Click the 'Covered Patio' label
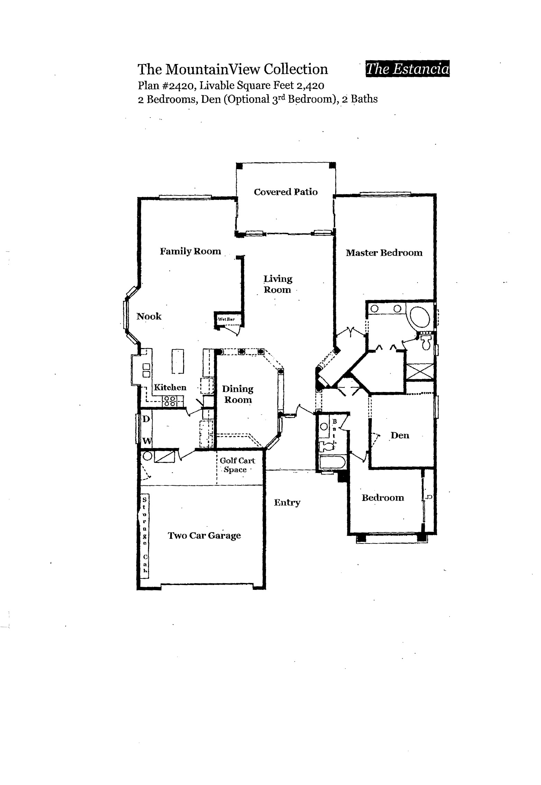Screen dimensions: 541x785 pos(286,192)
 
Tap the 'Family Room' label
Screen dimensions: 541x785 pos(190,252)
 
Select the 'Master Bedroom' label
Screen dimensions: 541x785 pos(384,253)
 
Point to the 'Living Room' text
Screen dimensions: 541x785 pos(278,284)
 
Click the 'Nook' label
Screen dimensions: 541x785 pos(149,316)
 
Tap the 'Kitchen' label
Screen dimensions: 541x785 pos(170,387)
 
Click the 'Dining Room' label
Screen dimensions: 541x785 pos(238,394)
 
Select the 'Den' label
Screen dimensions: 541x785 pos(400,435)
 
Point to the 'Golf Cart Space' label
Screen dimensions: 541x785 pos(237,465)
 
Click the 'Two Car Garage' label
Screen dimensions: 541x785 pos(204,536)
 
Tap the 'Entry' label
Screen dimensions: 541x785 pos(287,503)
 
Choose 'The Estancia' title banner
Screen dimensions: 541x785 pos(407,69)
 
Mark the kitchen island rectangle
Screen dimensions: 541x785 pos(178,361)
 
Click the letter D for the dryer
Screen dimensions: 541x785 pos(146,419)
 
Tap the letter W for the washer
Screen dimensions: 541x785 pos(147,441)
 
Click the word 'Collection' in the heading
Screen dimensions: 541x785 pos(296,69)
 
